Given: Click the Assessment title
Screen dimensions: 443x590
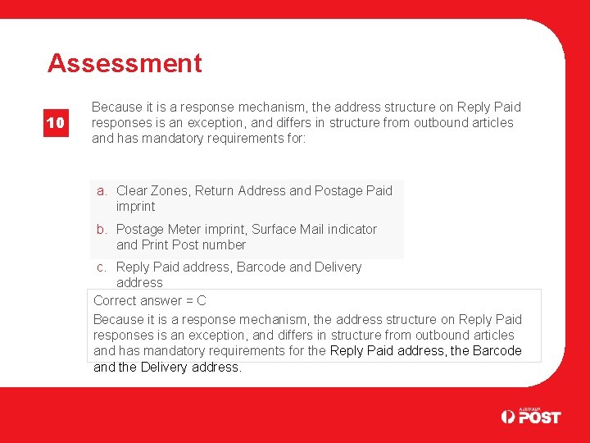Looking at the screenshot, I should click(125, 63).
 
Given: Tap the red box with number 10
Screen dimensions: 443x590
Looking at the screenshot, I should click(55, 123).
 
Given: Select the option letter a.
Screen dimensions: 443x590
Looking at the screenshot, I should click(102, 191).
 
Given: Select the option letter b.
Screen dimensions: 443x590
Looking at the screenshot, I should click(102, 230).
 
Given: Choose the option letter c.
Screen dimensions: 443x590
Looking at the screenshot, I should click(102, 267).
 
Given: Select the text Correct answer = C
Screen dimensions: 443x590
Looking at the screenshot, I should click(150, 301).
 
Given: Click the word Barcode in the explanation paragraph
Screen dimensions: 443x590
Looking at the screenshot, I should click(495, 351).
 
